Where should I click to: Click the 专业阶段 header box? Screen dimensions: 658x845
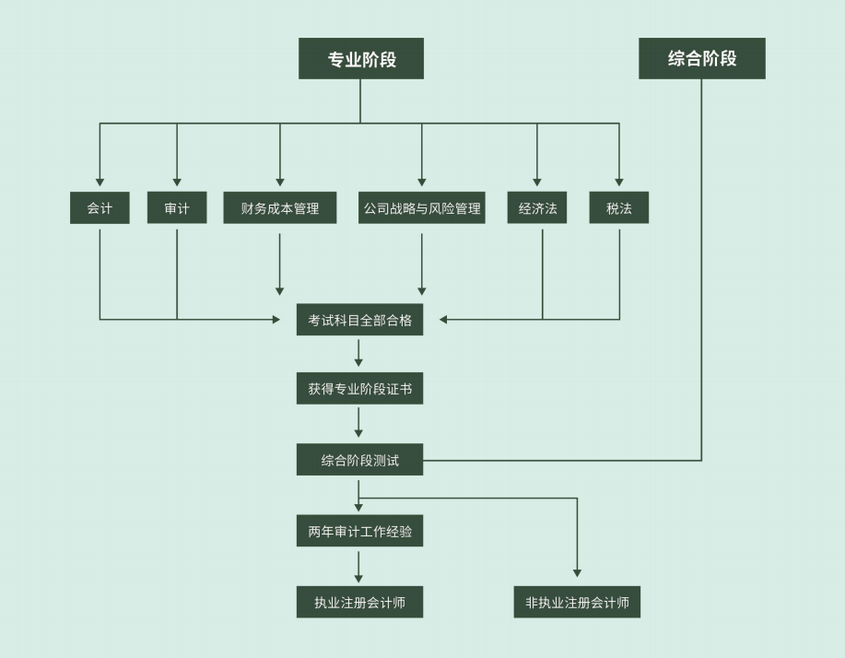360,59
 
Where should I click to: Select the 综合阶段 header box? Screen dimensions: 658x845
701,59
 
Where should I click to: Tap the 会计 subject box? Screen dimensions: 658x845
100,208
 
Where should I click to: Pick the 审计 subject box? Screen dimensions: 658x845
177,208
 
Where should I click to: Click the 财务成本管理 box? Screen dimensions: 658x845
280,208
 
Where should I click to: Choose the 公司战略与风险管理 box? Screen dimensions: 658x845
422,208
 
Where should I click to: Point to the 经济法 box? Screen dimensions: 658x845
537,208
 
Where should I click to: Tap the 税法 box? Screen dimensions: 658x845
619,208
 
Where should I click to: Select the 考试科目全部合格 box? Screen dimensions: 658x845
359,320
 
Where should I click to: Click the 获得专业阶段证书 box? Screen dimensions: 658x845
359,390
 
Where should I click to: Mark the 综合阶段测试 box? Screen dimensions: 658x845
359,460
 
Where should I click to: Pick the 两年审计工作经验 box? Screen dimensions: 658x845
359,531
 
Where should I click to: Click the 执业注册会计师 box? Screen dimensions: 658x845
359,603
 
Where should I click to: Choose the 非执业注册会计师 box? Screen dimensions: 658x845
577,603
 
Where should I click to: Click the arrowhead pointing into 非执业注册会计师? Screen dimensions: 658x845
577,573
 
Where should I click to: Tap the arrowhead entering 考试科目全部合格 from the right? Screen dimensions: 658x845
443,320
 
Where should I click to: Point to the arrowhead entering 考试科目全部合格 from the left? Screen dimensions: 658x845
276,320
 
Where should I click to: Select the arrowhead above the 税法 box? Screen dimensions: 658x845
619,182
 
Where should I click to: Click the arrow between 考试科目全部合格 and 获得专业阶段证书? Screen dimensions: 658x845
358,353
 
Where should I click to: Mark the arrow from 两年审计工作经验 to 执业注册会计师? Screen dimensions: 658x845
358,566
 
